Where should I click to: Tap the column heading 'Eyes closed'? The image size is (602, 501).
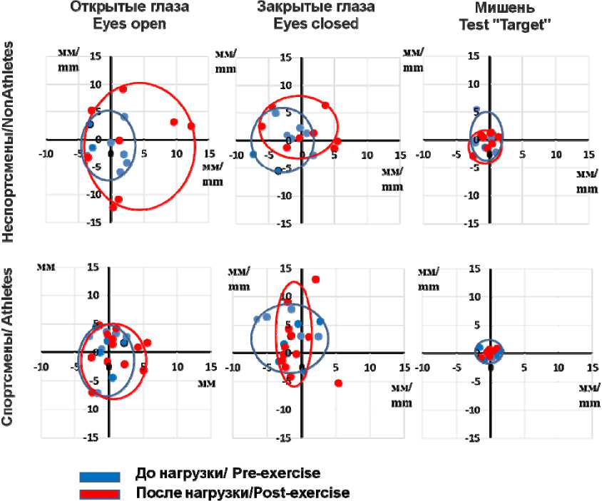click(x=307, y=24)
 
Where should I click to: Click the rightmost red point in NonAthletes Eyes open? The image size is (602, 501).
click(x=191, y=126)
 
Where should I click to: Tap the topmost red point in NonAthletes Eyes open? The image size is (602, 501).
click(x=123, y=89)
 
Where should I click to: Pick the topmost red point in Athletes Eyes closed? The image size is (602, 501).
click(x=315, y=279)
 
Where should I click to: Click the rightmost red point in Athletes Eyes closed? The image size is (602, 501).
click(x=338, y=383)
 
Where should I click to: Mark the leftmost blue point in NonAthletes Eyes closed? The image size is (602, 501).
click(x=253, y=154)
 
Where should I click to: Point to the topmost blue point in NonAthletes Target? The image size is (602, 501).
click(x=477, y=110)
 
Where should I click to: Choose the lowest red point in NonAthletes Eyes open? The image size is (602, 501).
click(x=113, y=207)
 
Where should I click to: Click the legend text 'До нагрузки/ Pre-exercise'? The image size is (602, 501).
click(x=228, y=474)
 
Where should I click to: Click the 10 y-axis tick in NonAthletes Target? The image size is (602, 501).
click(x=474, y=84)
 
